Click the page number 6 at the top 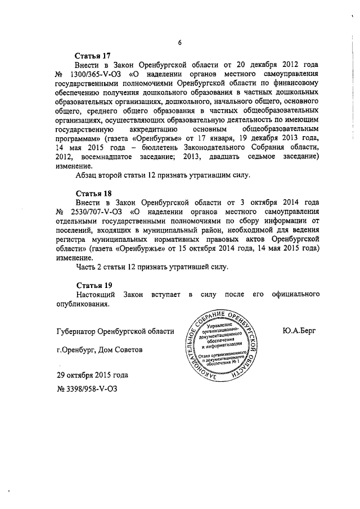[179, 43]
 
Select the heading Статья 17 [93, 56]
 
